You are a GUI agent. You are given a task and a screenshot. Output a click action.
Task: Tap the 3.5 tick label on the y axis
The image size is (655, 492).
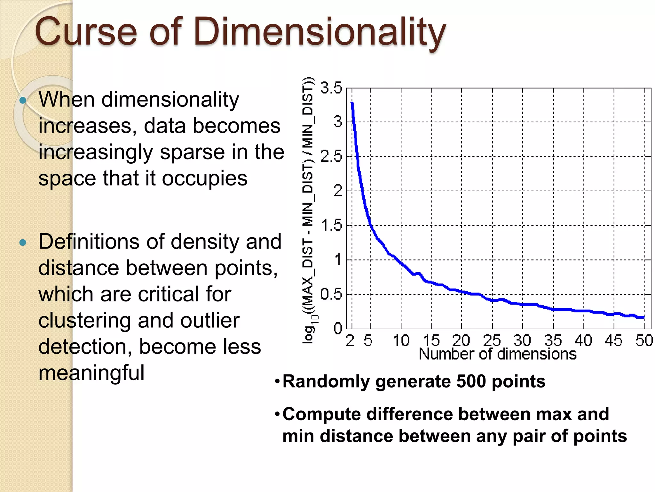pyautogui.click(x=331, y=88)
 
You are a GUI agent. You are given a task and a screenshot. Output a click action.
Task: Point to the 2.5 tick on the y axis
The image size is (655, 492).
pyautogui.click(x=331, y=157)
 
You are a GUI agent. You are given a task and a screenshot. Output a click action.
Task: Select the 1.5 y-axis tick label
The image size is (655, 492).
pyautogui.click(x=331, y=225)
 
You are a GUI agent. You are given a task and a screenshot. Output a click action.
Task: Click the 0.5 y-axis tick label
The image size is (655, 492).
pyautogui.click(x=331, y=294)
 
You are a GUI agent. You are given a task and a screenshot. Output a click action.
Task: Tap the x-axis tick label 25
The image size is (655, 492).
pyautogui.click(x=492, y=340)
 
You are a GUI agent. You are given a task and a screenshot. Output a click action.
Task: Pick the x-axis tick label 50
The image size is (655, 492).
pyautogui.click(x=643, y=340)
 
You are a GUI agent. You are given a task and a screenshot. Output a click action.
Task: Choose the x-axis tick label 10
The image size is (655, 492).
pyautogui.click(x=401, y=340)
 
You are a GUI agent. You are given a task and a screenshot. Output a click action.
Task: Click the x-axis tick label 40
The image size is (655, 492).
pyautogui.click(x=583, y=340)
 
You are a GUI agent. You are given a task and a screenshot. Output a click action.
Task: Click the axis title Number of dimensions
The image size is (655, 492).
pyautogui.click(x=498, y=354)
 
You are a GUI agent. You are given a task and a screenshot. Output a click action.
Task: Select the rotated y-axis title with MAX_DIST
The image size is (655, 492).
pyautogui.click(x=308, y=211)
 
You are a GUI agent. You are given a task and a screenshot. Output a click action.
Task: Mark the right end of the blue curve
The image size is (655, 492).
pyautogui.click(x=643, y=317)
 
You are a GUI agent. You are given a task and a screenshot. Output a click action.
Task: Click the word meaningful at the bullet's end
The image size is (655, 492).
pyautogui.click(x=91, y=373)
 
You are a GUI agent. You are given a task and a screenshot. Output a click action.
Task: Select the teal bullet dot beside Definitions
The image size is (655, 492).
pyautogui.click(x=23, y=242)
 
